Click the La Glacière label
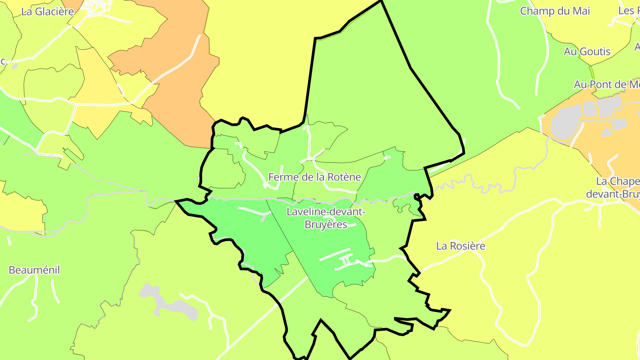[x=48, y=12]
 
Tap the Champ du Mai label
[x=555, y=11]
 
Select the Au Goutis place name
[x=587, y=52]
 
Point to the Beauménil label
[x=34, y=270]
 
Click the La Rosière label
[x=460, y=246]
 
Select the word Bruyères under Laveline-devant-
[x=326, y=224]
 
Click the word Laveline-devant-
[x=326, y=212]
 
